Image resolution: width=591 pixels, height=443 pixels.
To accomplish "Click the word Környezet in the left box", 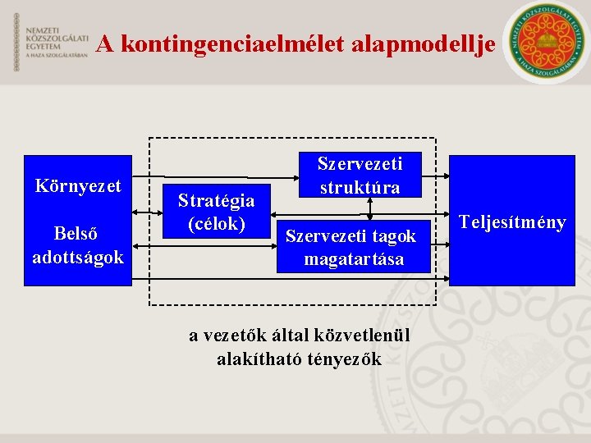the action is pyautogui.click(x=78, y=186).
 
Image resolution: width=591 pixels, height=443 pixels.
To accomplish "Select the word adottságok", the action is pyautogui.click(x=78, y=257).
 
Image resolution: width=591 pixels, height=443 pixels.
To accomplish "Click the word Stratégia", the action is pyautogui.click(x=216, y=200).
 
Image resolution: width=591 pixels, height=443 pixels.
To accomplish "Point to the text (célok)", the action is pyautogui.click(x=216, y=222).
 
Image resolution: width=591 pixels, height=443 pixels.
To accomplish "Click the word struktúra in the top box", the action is pyautogui.click(x=360, y=187).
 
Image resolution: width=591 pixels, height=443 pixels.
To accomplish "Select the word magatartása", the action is pyautogui.click(x=354, y=260).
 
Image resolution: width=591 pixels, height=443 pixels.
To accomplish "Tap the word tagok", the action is pyautogui.click(x=394, y=236).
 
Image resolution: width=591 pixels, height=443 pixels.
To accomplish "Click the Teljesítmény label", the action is pyautogui.click(x=513, y=221).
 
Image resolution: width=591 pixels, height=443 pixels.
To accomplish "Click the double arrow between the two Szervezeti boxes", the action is pyautogui.click(x=370, y=208).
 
